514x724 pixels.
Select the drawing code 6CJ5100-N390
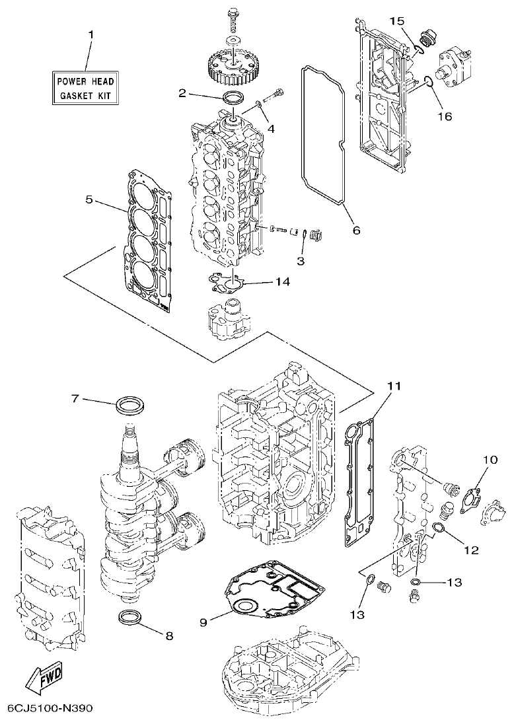click(x=50, y=708)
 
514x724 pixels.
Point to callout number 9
click(x=204, y=622)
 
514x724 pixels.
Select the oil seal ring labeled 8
click(x=131, y=618)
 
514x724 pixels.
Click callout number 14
click(x=282, y=281)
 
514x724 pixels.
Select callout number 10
click(x=489, y=459)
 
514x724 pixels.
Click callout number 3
click(x=301, y=262)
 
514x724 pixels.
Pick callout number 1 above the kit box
click(x=91, y=34)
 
